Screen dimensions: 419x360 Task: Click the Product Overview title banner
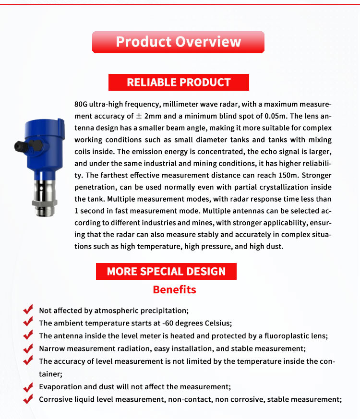coord(178,42)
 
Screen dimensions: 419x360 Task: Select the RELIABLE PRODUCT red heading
coord(179,83)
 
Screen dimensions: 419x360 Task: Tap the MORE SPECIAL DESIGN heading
coord(166,271)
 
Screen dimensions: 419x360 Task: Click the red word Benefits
coord(174,290)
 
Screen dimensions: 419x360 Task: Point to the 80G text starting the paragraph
coord(82,104)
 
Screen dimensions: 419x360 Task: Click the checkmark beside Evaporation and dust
coord(28,386)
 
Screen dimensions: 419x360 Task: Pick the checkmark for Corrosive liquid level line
coord(28,398)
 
